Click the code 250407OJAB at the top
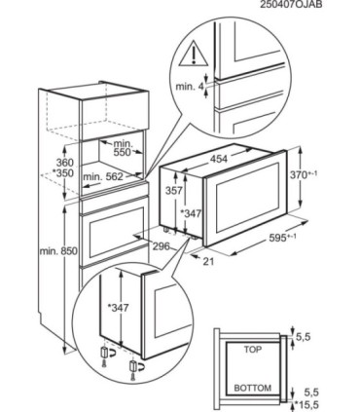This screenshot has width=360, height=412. pos(291,4)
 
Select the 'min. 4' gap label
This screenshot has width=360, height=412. pos(189,87)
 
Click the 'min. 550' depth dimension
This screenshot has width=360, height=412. pos(123,147)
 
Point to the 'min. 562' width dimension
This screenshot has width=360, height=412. pos(103,177)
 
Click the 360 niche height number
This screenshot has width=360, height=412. pos(65,163)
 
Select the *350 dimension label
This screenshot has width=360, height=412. pos(63,172)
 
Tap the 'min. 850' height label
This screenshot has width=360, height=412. pos(58,251)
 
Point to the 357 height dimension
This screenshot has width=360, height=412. pos(173,190)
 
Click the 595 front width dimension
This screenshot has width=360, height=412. pos(282,238)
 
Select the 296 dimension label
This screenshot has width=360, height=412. pos(161,246)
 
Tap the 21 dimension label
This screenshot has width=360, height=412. pos(208,261)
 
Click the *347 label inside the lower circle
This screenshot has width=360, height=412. pos(118,307)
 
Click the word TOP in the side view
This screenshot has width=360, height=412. pos(253,350)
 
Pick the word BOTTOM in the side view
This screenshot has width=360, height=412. pos(253,388)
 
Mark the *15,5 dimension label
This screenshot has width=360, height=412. pos(306,404)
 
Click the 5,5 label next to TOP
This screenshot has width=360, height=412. pos(304,337)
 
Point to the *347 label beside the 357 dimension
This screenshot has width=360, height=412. pos(191,213)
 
